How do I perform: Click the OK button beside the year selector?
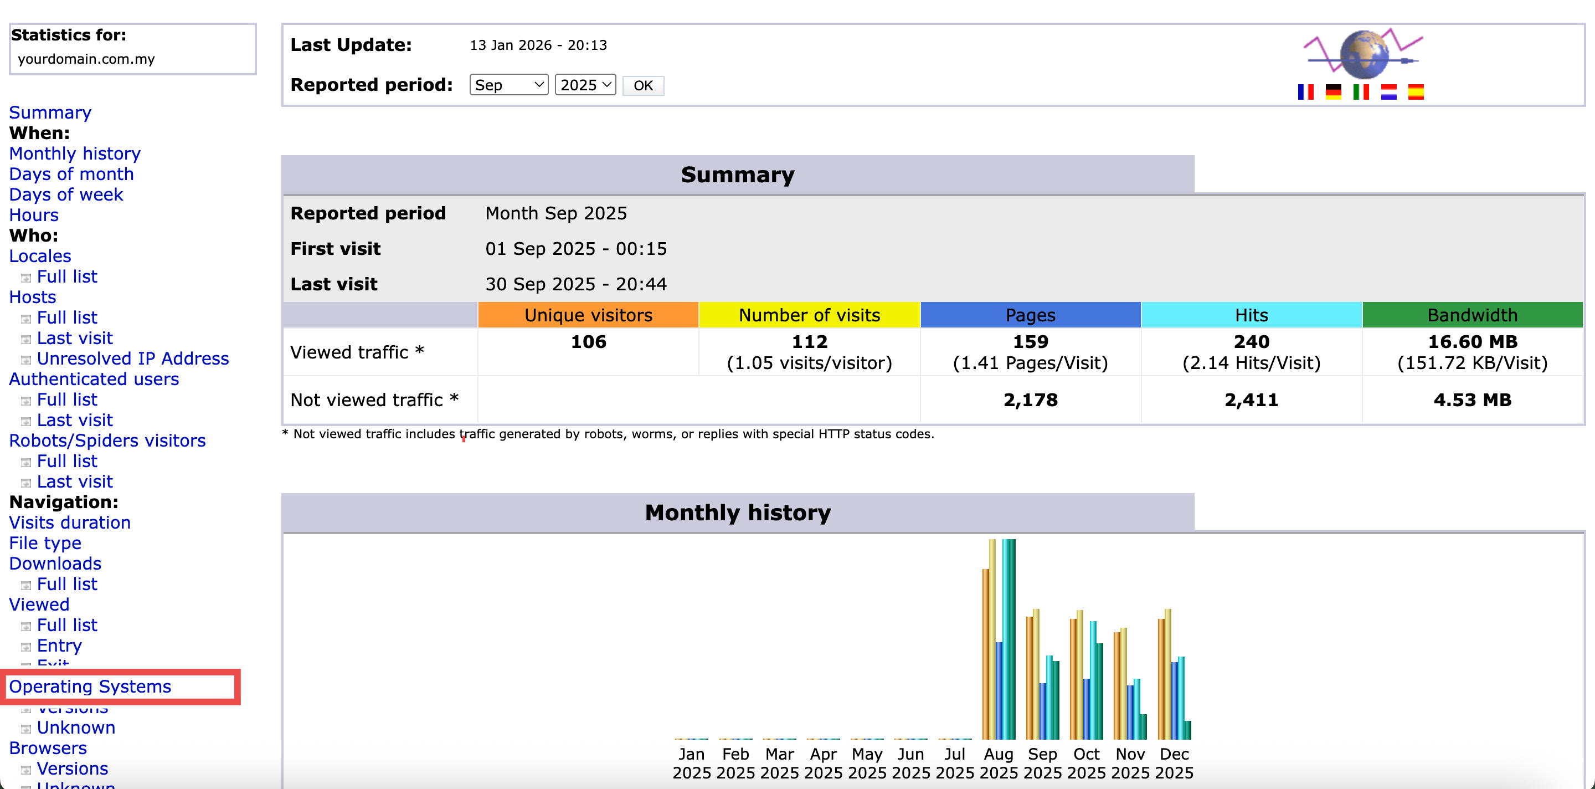tap(642, 85)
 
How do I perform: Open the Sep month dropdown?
tap(508, 85)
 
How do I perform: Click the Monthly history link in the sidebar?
tap(75, 153)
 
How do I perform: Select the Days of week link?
tap(66, 194)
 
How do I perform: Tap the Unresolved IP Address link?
tap(132, 358)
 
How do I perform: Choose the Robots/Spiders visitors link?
tap(107, 440)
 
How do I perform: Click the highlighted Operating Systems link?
tap(90, 686)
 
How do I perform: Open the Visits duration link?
tap(70, 522)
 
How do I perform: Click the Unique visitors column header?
tap(588, 315)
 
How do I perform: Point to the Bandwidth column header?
tap(1472, 315)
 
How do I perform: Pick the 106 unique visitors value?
tap(588, 342)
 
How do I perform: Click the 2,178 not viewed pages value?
tap(1030, 400)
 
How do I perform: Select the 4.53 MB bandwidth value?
tap(1472, 400)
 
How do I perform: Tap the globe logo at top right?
tap(1364, 54)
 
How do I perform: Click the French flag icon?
tap(1305, 93)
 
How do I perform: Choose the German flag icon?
tap(1333, 93)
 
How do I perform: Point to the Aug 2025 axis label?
tap(998, 763)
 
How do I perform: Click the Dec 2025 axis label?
tap(1174, 763)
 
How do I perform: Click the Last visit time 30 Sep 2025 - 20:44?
tap(576, 284)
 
